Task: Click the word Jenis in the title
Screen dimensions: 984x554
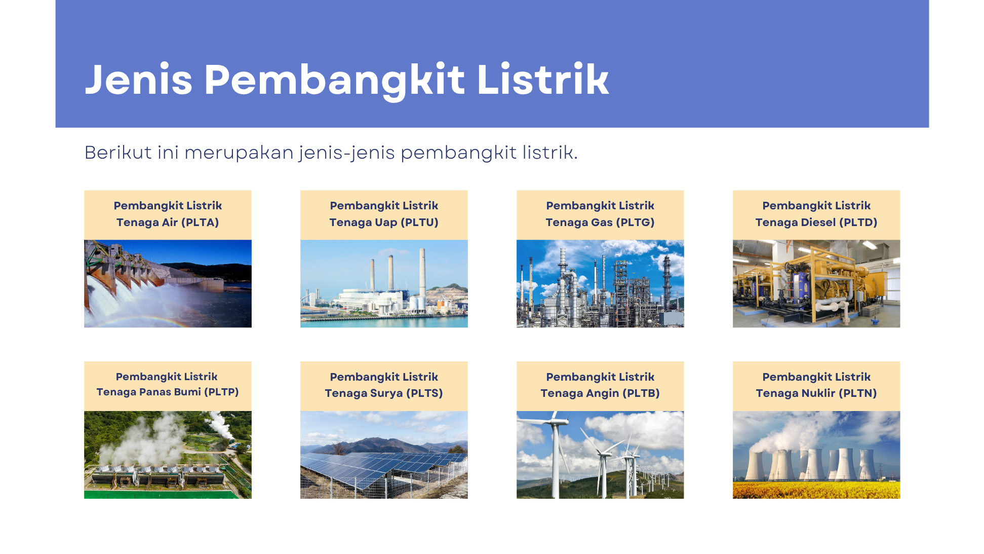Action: pyautogui.click(x=138, y=80)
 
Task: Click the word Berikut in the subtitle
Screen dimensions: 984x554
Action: pyautogui.click(x=118, y=152)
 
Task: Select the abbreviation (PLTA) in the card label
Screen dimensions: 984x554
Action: pyautogui.click(x=200, y=223)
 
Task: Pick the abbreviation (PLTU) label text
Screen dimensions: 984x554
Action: pyautogui.click(x=419, y=223)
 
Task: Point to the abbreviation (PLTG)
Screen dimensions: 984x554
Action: pyautogui.click(x=635, y=223)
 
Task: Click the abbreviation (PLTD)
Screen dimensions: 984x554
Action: pyautogui.click(x=858, y=223)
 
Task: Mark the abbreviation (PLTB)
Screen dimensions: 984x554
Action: pyautogui.click(x=641, y=393)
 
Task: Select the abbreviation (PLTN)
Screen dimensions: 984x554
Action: pyautogui.click(x=858, y=393)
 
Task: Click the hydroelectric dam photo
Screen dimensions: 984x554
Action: pyautogui.click(x=168, y=283)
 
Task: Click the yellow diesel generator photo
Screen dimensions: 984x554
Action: pyautogui.click(x=816, y=283)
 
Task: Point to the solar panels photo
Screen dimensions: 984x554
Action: pyautogui.click(x=384, y=455)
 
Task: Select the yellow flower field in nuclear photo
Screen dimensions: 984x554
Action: pyautogui.click(x=816, y=490)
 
